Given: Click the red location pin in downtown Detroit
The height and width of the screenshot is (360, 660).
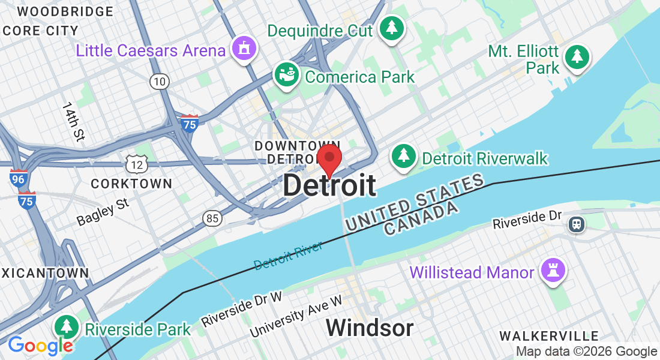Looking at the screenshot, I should coord(329,159).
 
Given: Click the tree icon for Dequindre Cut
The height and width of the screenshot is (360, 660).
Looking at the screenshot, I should coord(391,28).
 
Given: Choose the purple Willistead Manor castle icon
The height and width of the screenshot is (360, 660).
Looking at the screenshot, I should coord(551,271).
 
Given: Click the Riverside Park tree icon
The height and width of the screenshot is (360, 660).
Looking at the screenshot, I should coord(67,328).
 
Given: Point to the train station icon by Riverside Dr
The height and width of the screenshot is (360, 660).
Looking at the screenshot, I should coord(577,224).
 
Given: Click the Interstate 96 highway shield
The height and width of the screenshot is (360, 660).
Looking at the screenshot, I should coord(18,178).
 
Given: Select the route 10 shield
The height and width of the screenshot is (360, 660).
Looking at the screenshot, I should coord(159,82).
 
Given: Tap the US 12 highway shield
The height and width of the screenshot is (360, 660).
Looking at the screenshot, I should coord(137,162).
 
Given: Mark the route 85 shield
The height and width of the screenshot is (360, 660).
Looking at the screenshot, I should coord(212,218).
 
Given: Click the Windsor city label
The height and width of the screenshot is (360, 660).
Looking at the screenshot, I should coord(370,328).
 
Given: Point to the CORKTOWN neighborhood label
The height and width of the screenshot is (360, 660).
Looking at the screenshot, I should coord(131,184).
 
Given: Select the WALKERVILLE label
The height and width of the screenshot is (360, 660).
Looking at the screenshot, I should coord(549,336).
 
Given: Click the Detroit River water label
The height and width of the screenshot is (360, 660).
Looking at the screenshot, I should coord(288,255).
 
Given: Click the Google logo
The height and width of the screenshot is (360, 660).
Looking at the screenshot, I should coord(40,346).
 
